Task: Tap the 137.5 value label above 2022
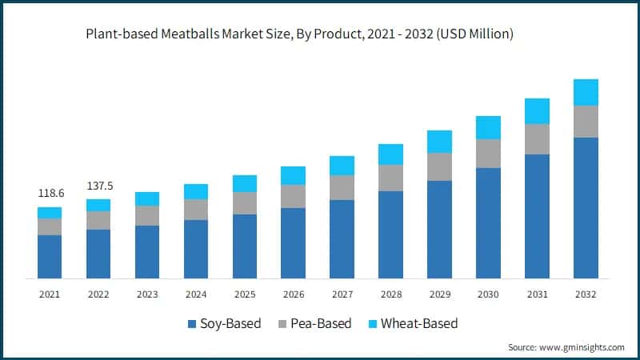coord(99,186)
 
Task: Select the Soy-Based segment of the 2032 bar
coord(586,207)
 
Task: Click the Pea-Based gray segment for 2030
coord(488,154)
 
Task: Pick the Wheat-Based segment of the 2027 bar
coord(342,166)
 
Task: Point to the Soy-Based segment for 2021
coord(50,256)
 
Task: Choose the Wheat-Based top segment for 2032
coord(586,92)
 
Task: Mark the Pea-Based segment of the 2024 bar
coord(196,210)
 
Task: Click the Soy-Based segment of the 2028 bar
coord(390,234)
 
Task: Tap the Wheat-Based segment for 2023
coord(147,199)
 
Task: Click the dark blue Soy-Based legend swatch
coord(192,324)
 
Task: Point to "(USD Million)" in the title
coord(474,34)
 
